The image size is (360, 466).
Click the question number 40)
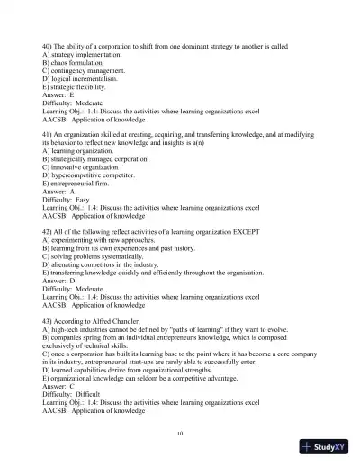(49, 44)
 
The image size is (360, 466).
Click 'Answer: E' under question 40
(58, 95)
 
